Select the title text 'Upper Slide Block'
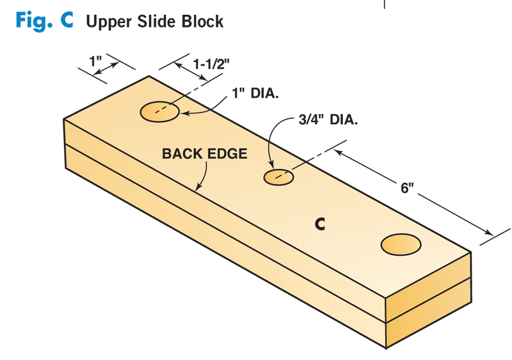[155, 21]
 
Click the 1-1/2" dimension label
[212, 64]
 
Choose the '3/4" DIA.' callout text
[328, 120]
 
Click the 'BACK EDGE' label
[204, 154]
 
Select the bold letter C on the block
[320, 224]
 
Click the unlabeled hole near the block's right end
[401, 244]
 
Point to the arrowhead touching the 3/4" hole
[273, 168]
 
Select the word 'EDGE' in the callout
[228, 154]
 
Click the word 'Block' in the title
[201, 21]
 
